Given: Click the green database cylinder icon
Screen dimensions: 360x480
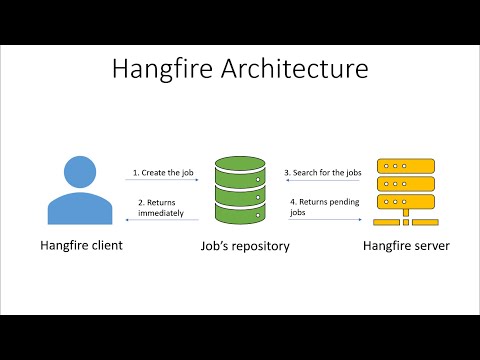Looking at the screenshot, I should click(x=241, y=190).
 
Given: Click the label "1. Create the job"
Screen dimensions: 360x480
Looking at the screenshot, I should click(x=163, y=172).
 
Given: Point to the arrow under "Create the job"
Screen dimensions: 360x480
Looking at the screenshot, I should click(x=163, y=181).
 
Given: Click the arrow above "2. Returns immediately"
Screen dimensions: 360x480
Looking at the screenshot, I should click(x=163, y=219).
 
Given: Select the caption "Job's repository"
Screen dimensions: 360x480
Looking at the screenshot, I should click(x=241, y=245).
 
